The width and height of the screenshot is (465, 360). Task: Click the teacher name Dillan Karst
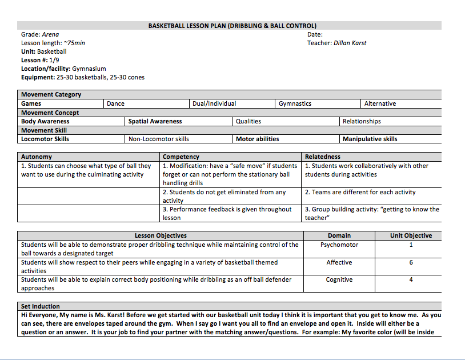[x=350, y=43]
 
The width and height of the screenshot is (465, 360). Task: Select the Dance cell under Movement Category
[x=115, y=103]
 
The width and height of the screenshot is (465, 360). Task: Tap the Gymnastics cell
[x=295, y=103]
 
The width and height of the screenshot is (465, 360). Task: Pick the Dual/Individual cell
[x=214, y=103]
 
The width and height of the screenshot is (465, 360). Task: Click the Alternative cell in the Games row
[x=380, y=103]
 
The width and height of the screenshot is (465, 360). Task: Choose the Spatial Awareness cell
[x=155, y=121]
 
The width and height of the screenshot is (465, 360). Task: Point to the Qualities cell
[x=248, y=121]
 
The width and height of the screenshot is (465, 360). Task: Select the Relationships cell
[x=362, y=121]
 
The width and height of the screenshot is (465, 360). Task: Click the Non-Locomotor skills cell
[x=159, y=139]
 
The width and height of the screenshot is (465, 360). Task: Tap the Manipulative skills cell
[x=370, y=139]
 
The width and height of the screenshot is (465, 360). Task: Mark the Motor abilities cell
[x=258, y=139]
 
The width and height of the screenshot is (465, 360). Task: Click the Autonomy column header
[x=37, y=157]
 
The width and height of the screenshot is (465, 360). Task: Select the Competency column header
[x=181, y=157]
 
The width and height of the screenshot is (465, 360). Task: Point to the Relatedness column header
[x=322, y=157]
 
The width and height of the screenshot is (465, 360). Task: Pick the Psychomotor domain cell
[x=339, y=245]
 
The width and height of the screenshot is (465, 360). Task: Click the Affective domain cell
[x=339, y=262]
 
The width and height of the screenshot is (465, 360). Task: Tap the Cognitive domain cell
[x=339, y=279]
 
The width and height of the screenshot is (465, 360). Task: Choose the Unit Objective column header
[x=411, y=235]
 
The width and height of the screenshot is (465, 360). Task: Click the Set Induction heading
[x=41, y=306]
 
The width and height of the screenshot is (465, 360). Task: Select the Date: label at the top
[x=315, y=34]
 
